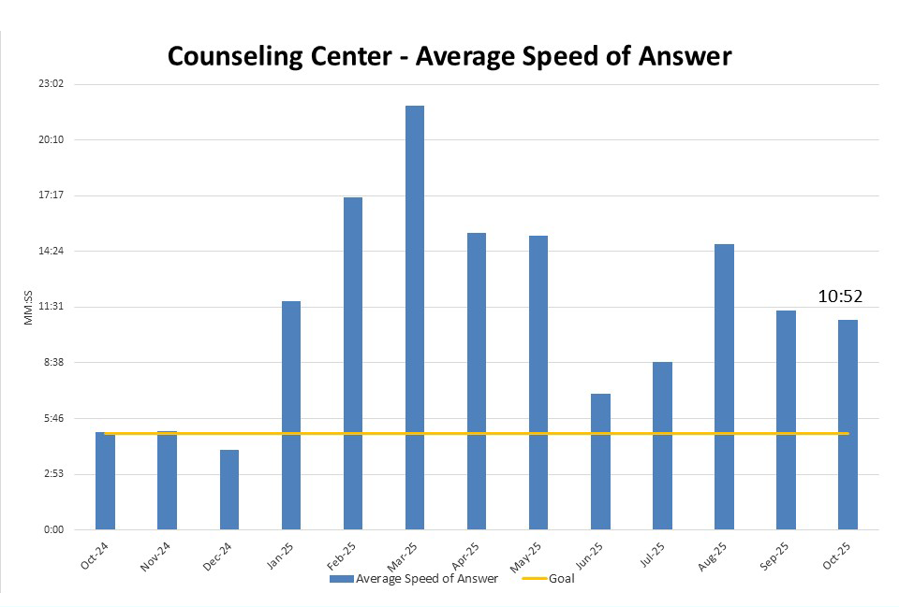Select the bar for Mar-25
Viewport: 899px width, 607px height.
(415, 318)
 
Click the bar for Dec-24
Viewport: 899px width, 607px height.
(229, 489)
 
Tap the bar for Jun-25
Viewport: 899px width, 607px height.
(600, 461)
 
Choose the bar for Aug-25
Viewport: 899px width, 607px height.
(724, 386)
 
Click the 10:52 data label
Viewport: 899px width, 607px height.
(839, 296)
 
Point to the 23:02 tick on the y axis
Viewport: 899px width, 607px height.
(51, 84)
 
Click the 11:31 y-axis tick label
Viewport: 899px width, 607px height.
(51, 307)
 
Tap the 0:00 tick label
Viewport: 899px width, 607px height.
(52, 529)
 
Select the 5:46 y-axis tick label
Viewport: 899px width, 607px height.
(52, 418)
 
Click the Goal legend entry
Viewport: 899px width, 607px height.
(553, 579)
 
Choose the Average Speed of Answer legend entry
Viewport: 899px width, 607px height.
(415, 579)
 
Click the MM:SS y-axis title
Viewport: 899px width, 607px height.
(29, 308)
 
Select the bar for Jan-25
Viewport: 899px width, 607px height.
(291, 415)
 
